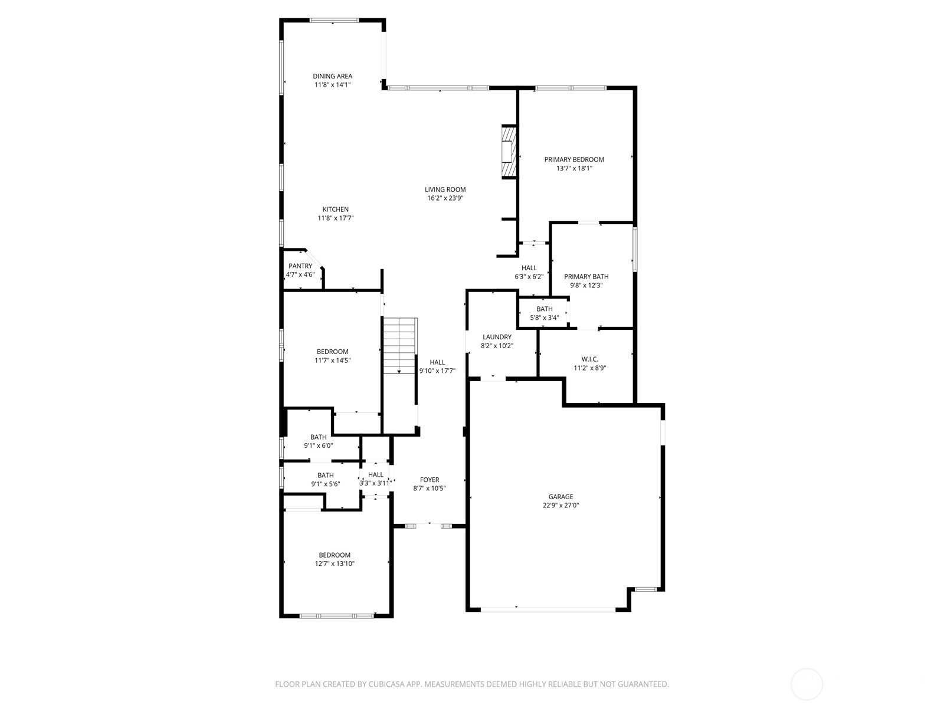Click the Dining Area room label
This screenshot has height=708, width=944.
[x=332, y=76]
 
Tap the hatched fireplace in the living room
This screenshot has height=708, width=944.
[x=508, y=152]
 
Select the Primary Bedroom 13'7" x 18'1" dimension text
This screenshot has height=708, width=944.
[x=574, y=168]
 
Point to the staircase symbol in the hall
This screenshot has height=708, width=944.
[x=400, y=346]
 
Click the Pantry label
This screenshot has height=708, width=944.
[x=300, y=266]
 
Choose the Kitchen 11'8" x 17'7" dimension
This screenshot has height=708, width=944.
[x=335, y=218]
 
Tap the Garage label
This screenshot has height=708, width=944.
[x=560, y=497]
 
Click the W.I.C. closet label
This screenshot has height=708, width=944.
[x=589, y=359]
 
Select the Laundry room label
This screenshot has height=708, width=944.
[x=497, y=337]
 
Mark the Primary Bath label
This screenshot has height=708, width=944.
[x=586, y=277]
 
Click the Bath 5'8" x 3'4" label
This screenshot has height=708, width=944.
[x=545, y=309]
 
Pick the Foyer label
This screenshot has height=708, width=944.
[x=429, y=480]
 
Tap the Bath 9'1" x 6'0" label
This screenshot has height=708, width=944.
[x=318, y=437]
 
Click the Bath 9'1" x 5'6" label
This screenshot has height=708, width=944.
[x=325, y=476]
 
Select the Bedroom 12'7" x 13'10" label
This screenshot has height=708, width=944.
[x=335, y=555]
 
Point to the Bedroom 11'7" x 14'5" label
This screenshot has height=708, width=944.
[x=333, y=352]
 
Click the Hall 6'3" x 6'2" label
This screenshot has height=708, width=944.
[x=529, y=268]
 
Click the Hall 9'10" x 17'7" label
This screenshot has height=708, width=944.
[x=437, y=362]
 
